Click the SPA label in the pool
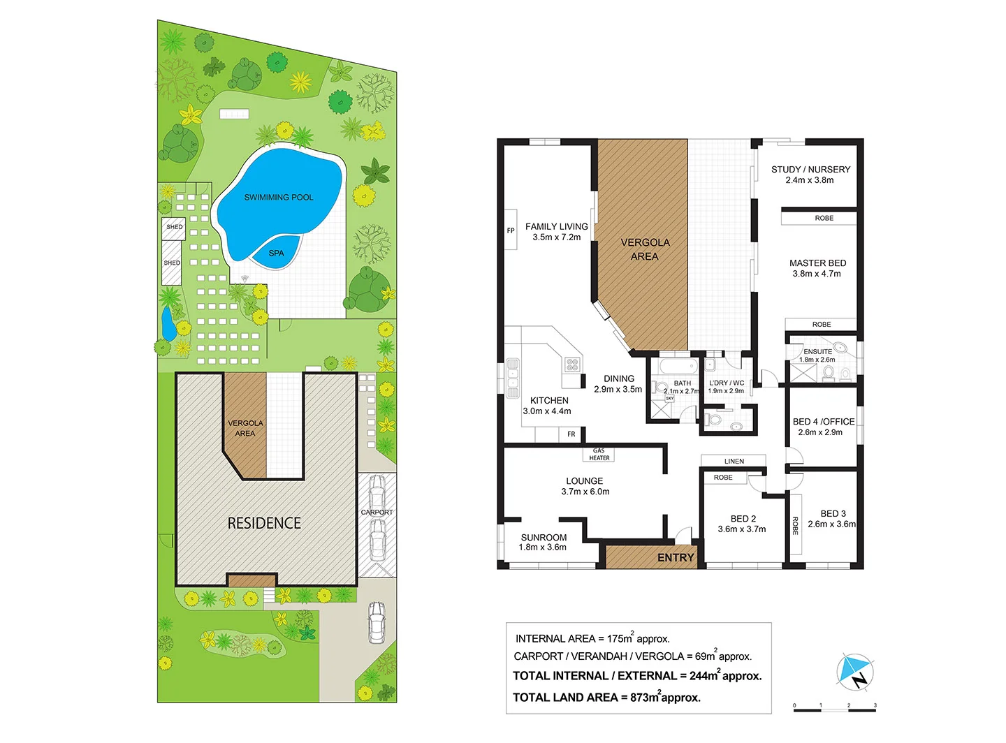[277, 253]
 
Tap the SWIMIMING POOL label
[279, 198]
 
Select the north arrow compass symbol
[856, 672]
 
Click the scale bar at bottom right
[834, 709]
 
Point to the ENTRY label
[676, 557]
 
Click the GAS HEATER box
[599, 455]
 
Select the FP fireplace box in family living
[511, 230]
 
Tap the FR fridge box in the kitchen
[571, 434]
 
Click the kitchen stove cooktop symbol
[572, 363]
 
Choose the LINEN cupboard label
[734, 461]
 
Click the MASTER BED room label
[817, 263]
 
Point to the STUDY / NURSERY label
[810, 170]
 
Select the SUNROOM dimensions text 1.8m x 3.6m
[543, 547]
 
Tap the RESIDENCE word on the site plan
[264, 523]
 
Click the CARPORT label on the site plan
[377, 513]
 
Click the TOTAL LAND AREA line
[606, 697]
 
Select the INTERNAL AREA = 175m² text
[592, 638]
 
